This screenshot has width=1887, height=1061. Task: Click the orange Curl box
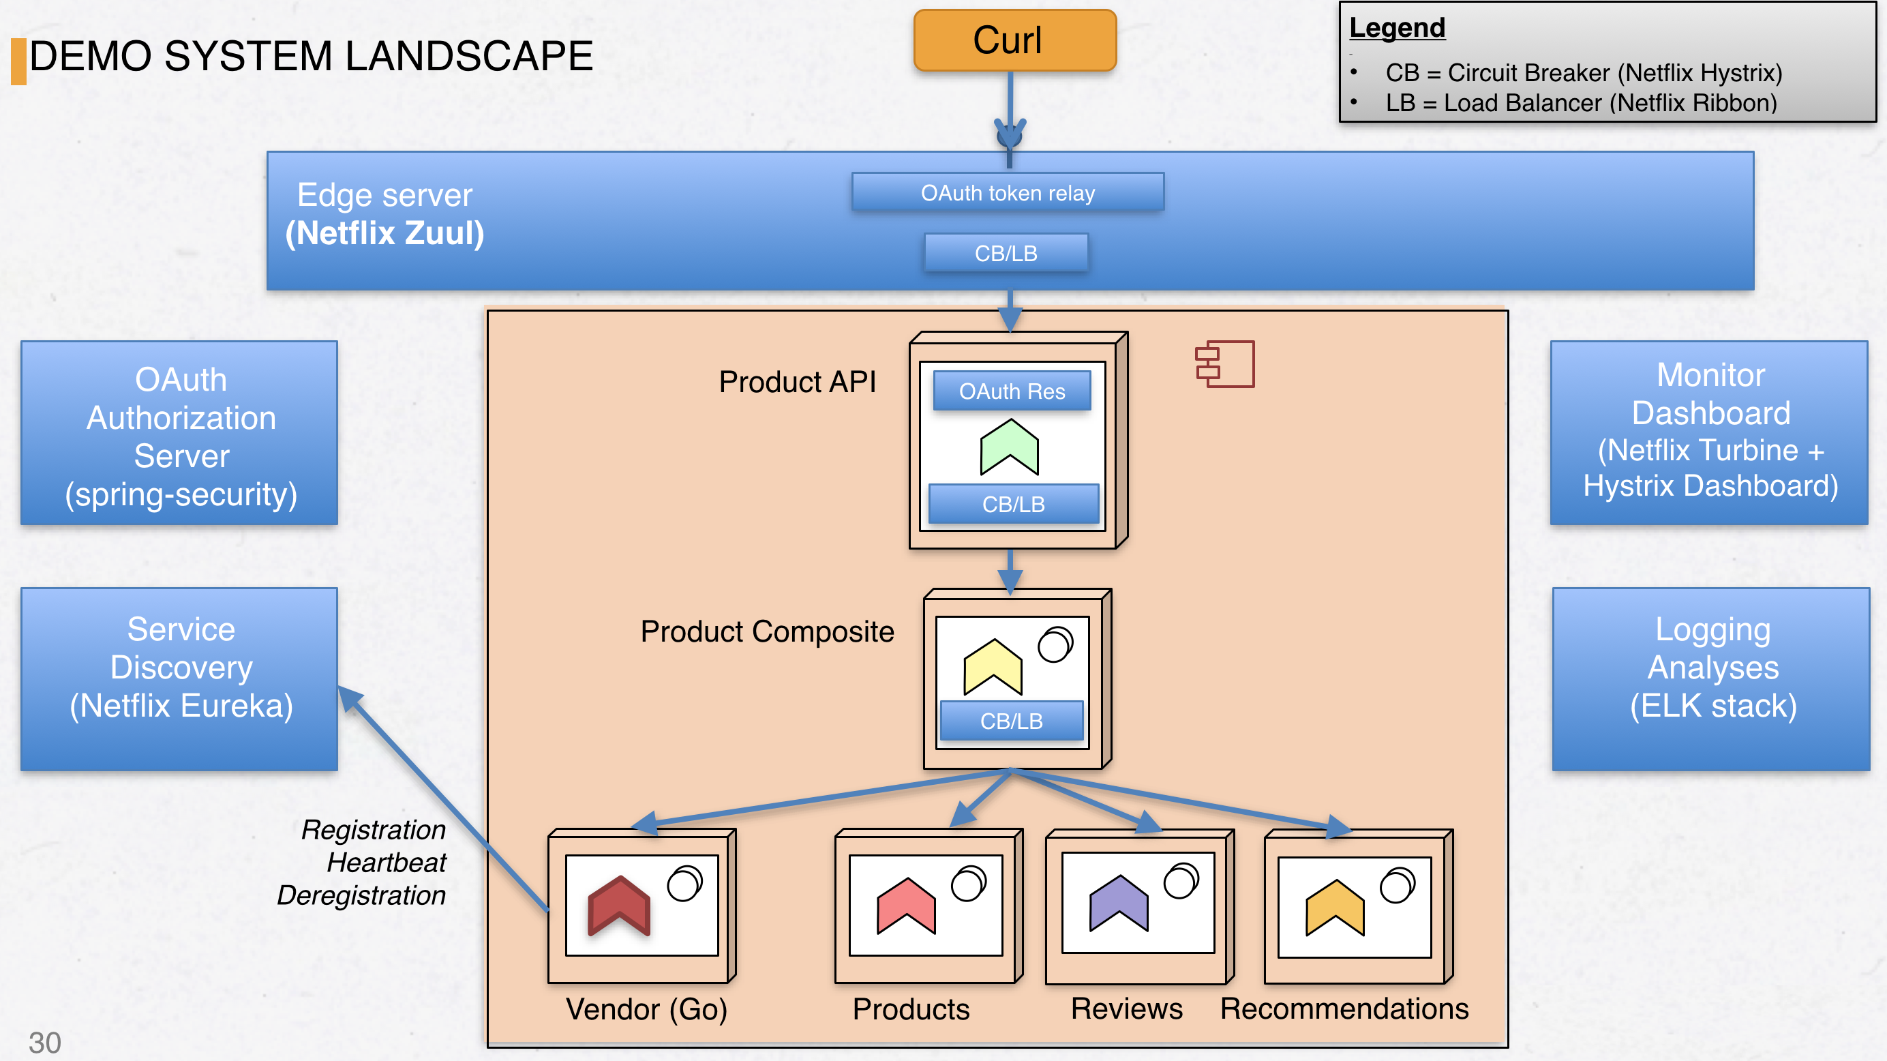point(1014,40)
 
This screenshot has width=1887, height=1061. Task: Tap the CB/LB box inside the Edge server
point(1006,254)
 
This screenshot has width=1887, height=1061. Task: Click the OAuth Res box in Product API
point(1012,391)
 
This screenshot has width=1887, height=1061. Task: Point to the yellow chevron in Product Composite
point(993,666)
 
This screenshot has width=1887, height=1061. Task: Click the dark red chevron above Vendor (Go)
point(619,906)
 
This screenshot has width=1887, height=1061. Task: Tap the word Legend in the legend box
point(1397,28)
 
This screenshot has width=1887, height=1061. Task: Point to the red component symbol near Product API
point(1225,363)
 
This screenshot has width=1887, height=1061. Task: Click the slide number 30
point(45,1042)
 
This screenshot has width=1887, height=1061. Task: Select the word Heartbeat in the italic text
point(386,863)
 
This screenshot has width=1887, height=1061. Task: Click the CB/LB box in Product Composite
point(1011,721)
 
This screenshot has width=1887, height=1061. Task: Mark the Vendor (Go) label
point(646,1009)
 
